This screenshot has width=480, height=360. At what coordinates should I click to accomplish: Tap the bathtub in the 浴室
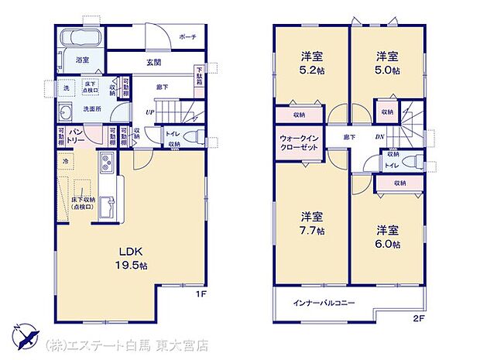tap(77, 38)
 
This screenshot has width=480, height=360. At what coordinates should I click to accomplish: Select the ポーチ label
tap(187, 37)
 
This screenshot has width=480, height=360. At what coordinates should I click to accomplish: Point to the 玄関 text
tap(153, 63)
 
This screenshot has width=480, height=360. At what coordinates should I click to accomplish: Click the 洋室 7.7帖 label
tap(313, 223)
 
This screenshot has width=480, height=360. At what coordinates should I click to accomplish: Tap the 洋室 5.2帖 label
tap(313, 63)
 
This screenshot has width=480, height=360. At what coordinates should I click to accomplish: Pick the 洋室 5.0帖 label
tap(389, 63)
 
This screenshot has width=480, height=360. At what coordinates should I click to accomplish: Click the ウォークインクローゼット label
tap(297, 144)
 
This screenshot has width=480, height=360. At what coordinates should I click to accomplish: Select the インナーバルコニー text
tap(324, 303)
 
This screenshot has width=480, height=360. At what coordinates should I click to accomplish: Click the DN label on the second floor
tap(379, 137)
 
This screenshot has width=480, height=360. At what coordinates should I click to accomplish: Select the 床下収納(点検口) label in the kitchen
tap(83, 203)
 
